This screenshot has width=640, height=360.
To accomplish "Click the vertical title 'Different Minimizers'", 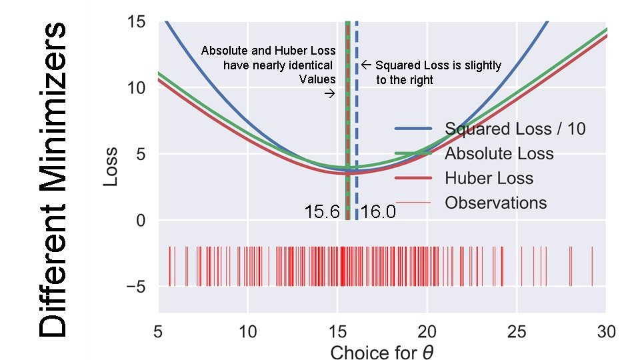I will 53,180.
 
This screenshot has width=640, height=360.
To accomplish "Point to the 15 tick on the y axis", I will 137,21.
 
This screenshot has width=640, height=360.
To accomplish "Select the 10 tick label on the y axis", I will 137,87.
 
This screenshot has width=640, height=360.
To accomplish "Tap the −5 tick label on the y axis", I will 133,287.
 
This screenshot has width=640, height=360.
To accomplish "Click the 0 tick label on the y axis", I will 141,220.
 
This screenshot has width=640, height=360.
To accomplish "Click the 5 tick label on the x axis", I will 159,331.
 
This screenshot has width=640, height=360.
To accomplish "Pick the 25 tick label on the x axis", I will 516,331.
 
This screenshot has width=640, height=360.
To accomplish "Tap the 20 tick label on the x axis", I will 427,331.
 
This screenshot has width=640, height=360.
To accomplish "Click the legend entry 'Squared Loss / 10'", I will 515,129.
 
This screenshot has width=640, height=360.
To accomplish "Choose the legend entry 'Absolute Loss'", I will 499,153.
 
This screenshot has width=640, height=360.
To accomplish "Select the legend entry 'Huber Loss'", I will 489,178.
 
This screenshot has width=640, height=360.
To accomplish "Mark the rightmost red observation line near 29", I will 592,266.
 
